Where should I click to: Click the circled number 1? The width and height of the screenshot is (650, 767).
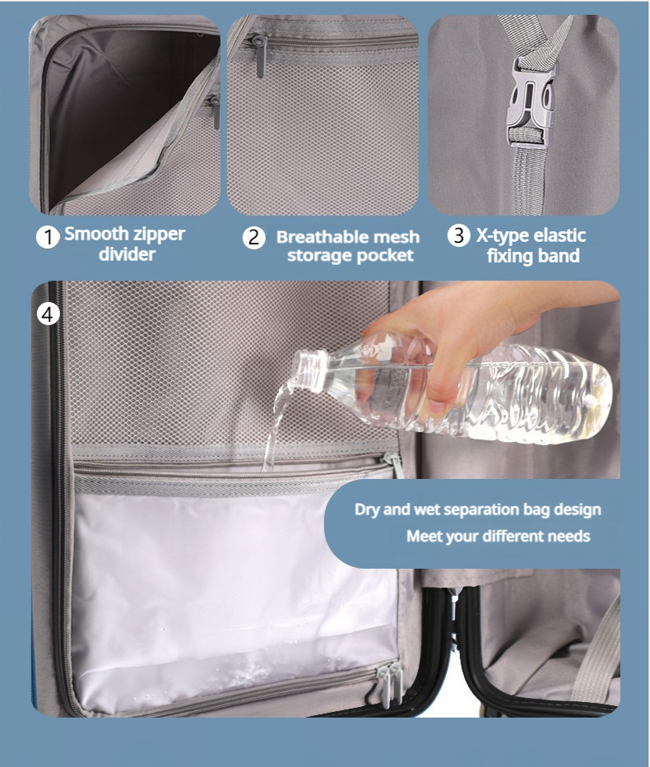click(x=48, y=237)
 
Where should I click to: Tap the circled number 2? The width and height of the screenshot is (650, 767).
click(x=254, y=237)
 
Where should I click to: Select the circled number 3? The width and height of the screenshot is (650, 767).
click(x=459, y=235)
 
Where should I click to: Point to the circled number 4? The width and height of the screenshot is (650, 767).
click(x=48, y=314)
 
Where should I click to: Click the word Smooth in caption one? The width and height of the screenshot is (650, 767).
click(x=97, y=234)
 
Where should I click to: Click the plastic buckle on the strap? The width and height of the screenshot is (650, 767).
click(x=532, y=100)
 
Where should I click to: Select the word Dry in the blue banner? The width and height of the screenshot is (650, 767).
click(x=367, y=509)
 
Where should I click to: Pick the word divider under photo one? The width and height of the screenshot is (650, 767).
click(x=128, y=254)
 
